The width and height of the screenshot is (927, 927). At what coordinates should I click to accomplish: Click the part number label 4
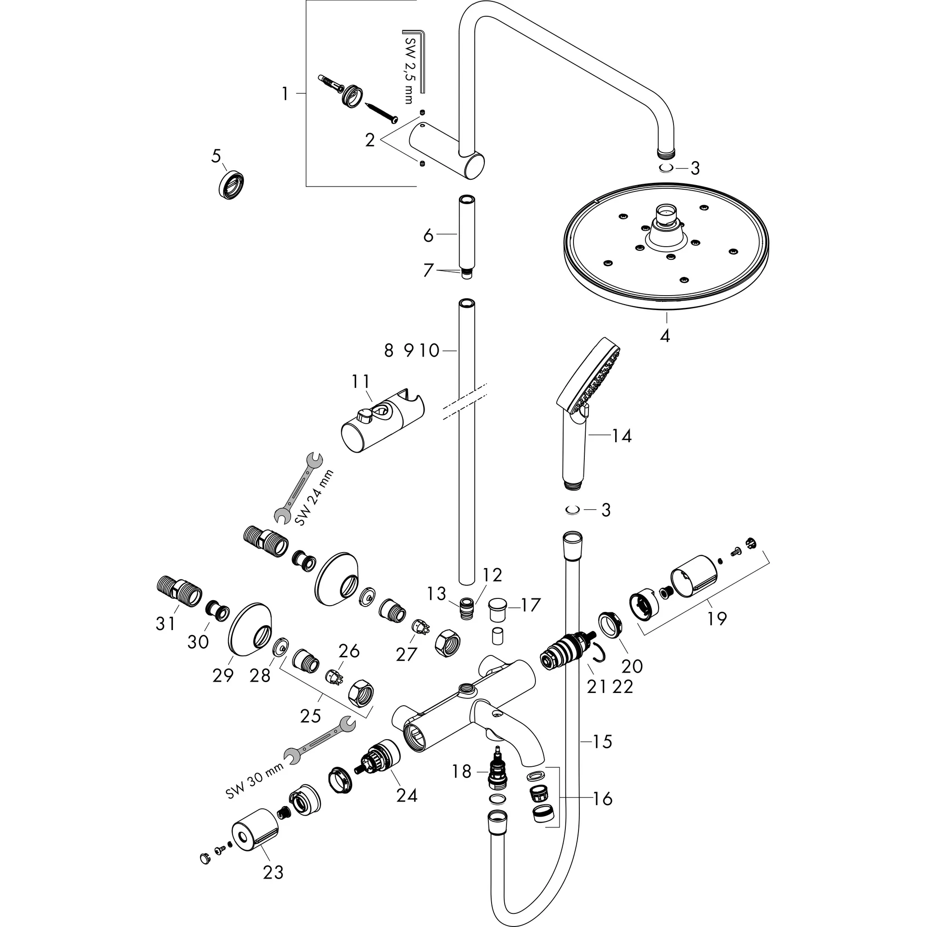pos(664,335)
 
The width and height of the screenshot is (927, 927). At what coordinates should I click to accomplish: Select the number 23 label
pos(273,872)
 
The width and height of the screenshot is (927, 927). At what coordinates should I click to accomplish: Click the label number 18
pos(462,772)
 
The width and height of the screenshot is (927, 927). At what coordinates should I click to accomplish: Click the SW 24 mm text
pos(313,497)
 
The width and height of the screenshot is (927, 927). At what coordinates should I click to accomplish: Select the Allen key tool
pos(418,61)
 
